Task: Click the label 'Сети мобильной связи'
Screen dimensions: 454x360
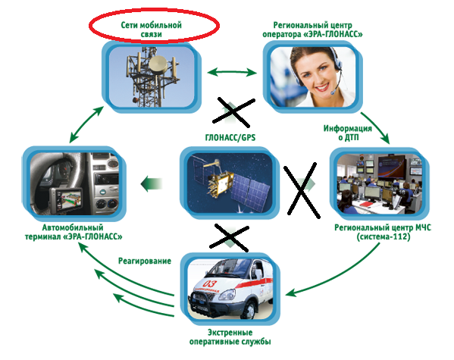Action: pyautogui.click(x=151, y=30)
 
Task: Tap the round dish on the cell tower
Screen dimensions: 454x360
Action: pyautogui.click(x=158, y=64)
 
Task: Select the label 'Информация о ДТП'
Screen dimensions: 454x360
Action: pyautogui.click(x=348, y=133)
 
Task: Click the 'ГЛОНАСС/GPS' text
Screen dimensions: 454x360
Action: pyautogui.click(x=230, y=137)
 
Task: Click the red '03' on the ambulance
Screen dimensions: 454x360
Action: pyautogui.click(x=210, y=283)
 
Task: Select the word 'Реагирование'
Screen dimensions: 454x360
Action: pyautogui.click(x=145, y=261)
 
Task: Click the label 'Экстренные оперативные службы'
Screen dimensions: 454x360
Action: pyautogui.click(x=230, y=337)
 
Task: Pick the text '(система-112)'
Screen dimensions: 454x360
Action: pyautogui.click(x=384, y=237)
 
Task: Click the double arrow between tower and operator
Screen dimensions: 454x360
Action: pyautogui.click(x=232, y=72)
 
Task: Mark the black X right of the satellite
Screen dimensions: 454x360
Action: pyautogui.click(x=302, y=190)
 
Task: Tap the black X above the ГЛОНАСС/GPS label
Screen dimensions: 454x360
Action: pyautogui.click(x=234, y=112)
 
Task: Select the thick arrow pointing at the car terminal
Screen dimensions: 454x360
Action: pyautogui.click(x=151, y=183)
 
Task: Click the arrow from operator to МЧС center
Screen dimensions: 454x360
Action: pyautogui.click(x=377, y=127)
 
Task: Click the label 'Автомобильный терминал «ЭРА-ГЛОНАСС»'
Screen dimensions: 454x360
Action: pyautogui.click(x=74, y=232)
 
